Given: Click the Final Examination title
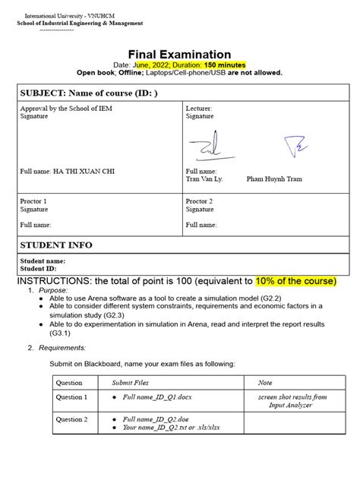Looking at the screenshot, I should tap(179, 54).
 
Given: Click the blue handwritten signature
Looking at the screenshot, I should tap(292, 144).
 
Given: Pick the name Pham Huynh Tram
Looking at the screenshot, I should tap(275, 179).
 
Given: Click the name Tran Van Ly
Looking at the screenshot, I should tap(204, 179).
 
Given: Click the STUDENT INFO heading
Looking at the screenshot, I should tap(55, 245).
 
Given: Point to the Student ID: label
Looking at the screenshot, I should tap(38, 268).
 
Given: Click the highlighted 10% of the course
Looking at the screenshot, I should tap(295, 280).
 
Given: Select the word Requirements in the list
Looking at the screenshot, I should tap(63, 347).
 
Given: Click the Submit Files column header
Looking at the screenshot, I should tap(131, 383).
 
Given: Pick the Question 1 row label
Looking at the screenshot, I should tap(71, 397).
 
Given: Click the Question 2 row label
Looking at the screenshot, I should tap(71, 419).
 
